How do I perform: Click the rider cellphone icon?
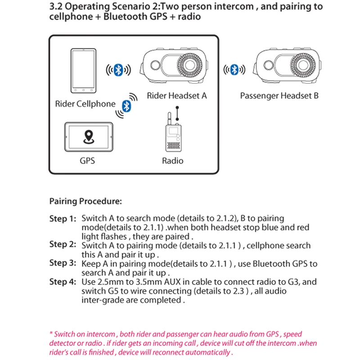pyautogui.click(x=84, y=70)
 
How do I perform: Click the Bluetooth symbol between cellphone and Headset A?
pyautogui.click(x=118, y=70)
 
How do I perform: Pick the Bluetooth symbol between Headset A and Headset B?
pyautogui.click(x=234, y=70)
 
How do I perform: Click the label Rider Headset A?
pyautogui.click(x=177, y=95)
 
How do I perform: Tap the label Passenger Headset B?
pyautogui.click(x=279, y=95)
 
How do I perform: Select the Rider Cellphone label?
pyautogui.click(x=85, y=104)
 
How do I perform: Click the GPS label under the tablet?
pyautogui.click(x=87, y=160)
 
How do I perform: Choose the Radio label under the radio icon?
pyautogui.click(x=173, y=160)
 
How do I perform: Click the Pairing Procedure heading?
pyautogui.click(x=85, y=201)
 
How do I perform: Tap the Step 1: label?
pyautogui.click(x=63, y=219)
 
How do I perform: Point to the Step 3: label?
pyautogui.click(x=63, y=263)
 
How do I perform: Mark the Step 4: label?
pyautogui.click(x=63, y=282)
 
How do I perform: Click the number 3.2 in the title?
pyautogui.click(x=57, y=7)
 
